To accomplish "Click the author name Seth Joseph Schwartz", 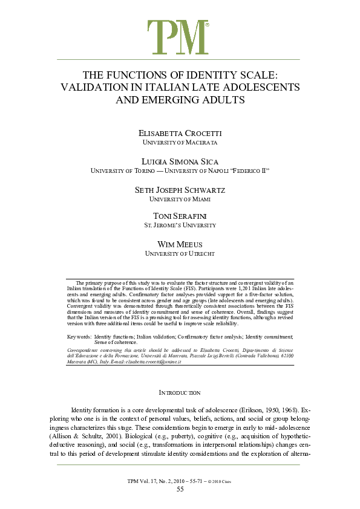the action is (180, 190).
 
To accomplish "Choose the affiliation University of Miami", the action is (180, 199).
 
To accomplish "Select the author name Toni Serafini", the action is (180, 216).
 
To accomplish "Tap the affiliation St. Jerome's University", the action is (180, 225).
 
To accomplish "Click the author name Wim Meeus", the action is (180, 244).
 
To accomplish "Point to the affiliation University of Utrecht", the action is (180, 254).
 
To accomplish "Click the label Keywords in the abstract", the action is (79, 336).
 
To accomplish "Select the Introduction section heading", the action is (180, 393).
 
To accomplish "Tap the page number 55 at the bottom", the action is (180, 489).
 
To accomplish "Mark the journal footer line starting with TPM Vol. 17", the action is (180, 481).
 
